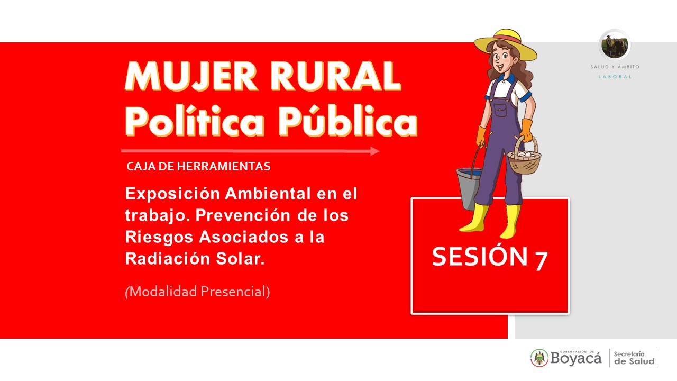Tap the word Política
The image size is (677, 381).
[195, 121]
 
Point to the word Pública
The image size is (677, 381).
[348, 121]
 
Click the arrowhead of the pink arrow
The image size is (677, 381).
[375, 151]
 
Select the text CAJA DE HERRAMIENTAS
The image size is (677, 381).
[198, 166]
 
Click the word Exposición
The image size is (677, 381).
[172, 194]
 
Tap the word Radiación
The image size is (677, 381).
[168, 259]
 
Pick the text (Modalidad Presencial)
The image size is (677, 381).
[197, 292]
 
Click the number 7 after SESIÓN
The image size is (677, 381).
[541, 261]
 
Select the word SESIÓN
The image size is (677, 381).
[480, 257]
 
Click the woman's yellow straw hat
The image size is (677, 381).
[505, 44]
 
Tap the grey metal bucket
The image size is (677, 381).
[469, 188]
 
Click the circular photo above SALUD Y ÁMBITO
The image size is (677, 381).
[615, 45]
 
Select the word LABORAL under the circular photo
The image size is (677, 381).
[615, 77]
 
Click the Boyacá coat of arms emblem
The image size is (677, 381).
[539, 358]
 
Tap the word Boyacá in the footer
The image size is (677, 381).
[576, 359]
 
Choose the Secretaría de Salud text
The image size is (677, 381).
[634, 358]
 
